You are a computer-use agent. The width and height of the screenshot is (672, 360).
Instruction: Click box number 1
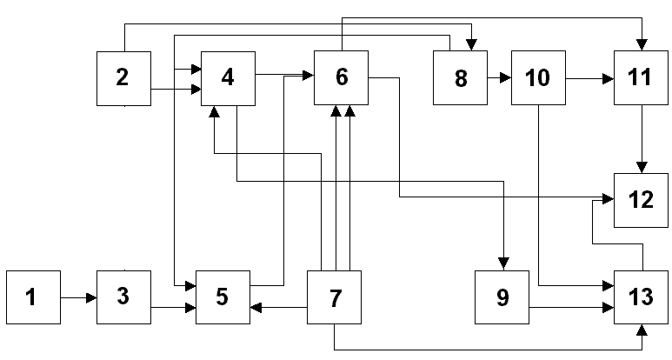pyautogui.click(x=33, y=297)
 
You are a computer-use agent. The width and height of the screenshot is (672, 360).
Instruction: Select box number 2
pyautogui.click(x=123, y=78)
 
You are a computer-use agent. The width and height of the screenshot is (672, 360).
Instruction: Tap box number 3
pyautogui.click(x=123, y=297)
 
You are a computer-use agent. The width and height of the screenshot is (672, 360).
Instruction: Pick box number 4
pyautogui.click(x=228, y=78)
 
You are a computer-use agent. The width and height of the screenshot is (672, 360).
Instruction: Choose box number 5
pyautogui.click(x=223, y=297)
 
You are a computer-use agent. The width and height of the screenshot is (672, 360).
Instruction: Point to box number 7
pyautogui.click(x=335, y=297)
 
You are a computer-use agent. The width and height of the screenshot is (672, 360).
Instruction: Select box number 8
pyautogui.click(x=460, y=78)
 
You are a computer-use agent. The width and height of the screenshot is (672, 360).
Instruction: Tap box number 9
pyautogui.click(x=502, y=297)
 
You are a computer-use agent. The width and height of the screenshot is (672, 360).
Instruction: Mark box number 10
pyautogui.click(x=538, y=78)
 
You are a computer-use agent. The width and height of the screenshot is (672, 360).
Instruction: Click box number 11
pyautogui.click(x=642, y=78)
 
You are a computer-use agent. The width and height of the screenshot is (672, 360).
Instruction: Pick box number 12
pyautogui.click(x=642, y=199)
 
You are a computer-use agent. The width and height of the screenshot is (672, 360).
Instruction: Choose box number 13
pyautogui.click(x=642, y=297)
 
